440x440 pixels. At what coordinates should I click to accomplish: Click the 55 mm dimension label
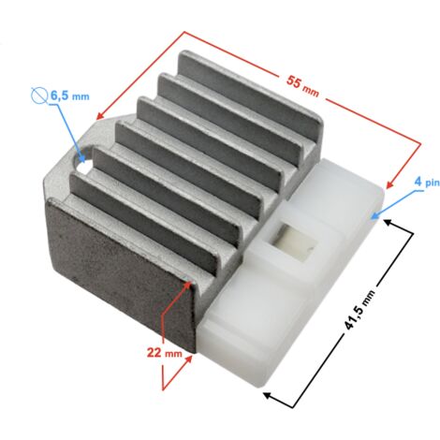point(302,86)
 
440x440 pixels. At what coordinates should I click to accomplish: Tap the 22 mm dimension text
point(165,353)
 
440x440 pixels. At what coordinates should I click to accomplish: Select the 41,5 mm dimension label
point(359,310)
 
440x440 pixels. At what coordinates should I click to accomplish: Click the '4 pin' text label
point(427,182)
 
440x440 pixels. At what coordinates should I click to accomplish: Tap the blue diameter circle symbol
point(39,95)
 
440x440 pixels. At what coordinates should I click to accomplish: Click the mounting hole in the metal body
point(83,162)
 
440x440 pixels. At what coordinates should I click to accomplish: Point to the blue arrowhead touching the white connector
point(375,214)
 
